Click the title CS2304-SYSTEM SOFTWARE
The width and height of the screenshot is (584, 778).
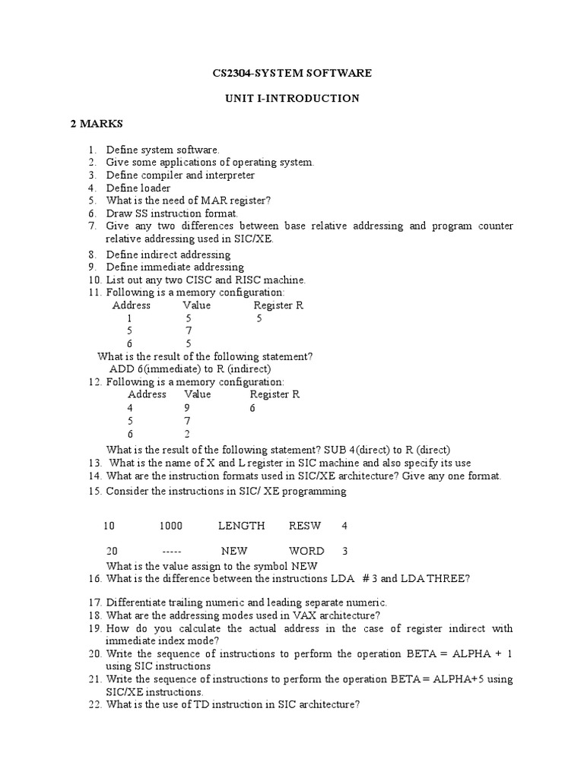[291, 73]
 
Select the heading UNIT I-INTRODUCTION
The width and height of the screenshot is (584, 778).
[292, 98]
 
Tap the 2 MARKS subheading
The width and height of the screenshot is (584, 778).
[97, 123]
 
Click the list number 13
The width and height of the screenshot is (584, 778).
[94, 463]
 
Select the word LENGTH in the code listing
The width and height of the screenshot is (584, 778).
[241, 526]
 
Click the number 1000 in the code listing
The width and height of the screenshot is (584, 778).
[171, 526]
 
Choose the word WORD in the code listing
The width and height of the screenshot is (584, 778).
[306, 551]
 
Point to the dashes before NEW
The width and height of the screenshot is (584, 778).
[172, 551]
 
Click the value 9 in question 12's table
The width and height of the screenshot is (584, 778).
[186, 408]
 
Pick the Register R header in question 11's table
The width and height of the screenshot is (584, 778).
[278, 305]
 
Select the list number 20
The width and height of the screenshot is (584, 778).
[94, 653]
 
